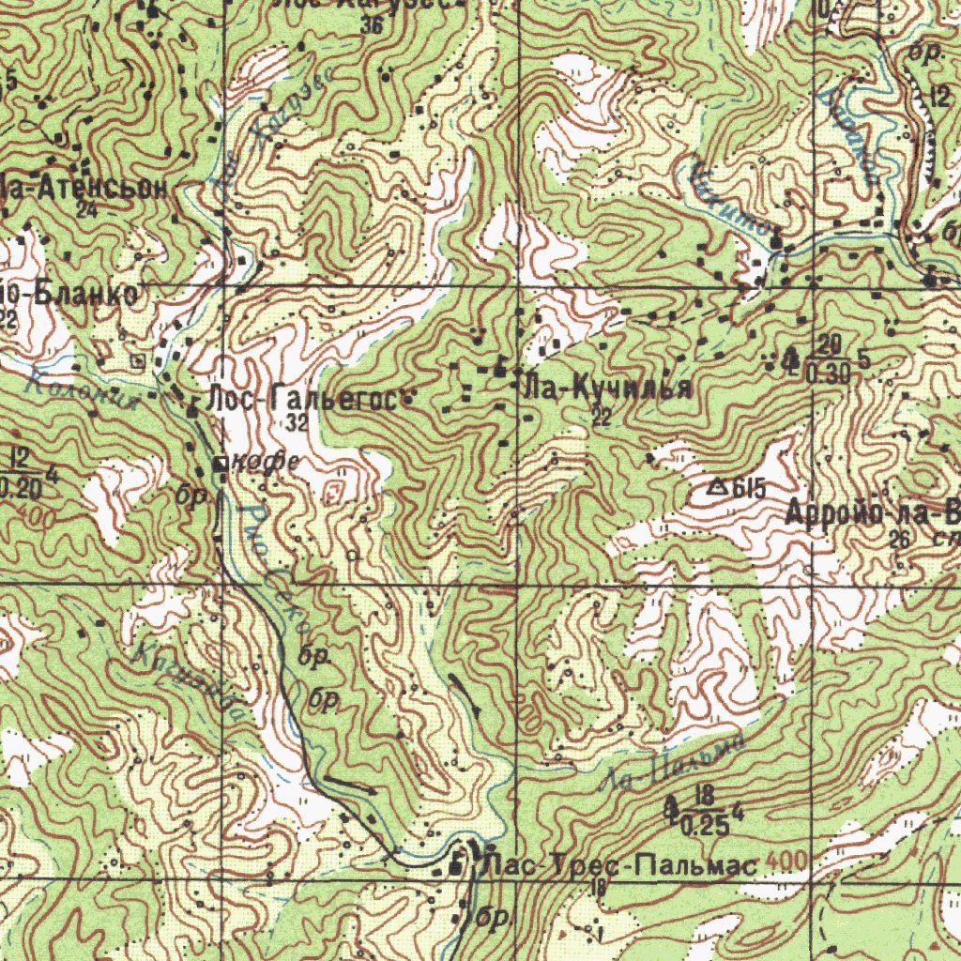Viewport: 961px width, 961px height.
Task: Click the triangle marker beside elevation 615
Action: coord(718,486)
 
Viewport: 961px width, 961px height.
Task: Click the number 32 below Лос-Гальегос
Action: coord(297,422)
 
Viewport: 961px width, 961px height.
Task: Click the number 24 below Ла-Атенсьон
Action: coord(88,210)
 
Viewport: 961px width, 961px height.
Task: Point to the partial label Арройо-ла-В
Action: coord(873,513)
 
